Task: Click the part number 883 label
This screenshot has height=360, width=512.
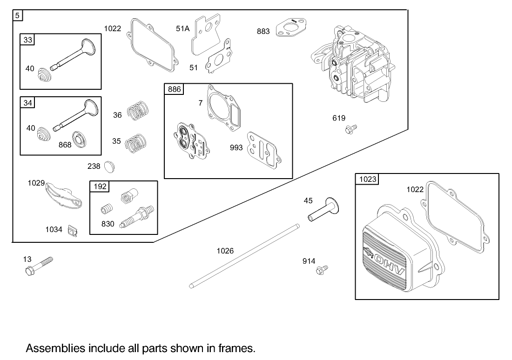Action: pyautogui.click(x=263, y=31)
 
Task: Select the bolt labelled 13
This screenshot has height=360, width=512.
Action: pyautogui.click(x=38, y=266)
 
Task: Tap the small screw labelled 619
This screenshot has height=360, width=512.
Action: pyautogui.click(x=350, y=129)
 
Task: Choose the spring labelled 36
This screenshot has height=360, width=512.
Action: pyautogui.click(x=138, y=110)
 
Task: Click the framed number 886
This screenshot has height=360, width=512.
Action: pyautogui.click(x=175, y=89)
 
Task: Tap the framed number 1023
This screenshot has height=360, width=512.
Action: pyautogui.click(x=368, y=179)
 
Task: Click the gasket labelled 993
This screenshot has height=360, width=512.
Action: pyautogui.click(x=264, y=149)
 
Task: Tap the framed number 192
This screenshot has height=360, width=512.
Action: pyautogui.click(x=100, y=187)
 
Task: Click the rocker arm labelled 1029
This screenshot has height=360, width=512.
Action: pyautogui.click(x=63, y=195)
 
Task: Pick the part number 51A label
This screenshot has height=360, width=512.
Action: pyautogui.click(x=182, y=28)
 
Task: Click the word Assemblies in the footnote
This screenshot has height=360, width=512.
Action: pyautogui.click(x=55, y=348)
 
